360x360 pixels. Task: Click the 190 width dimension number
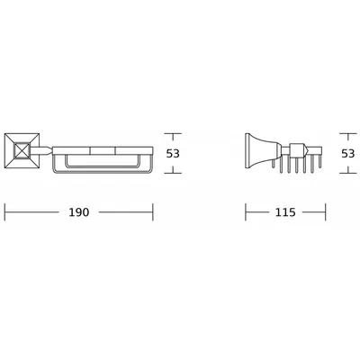[x=79, y=212]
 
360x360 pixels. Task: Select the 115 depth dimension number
[x=285, y=212]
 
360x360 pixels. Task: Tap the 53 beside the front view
[x=173, y=154]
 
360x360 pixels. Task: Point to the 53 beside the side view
[x=348, y=154]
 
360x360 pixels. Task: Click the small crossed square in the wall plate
[x=22, y=151]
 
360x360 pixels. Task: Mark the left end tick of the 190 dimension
[x=5, y=212]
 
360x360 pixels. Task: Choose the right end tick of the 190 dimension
[x=153, y=212]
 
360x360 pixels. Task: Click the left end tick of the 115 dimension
[x=246, y=212]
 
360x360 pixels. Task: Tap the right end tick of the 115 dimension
[x=326, y=212]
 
